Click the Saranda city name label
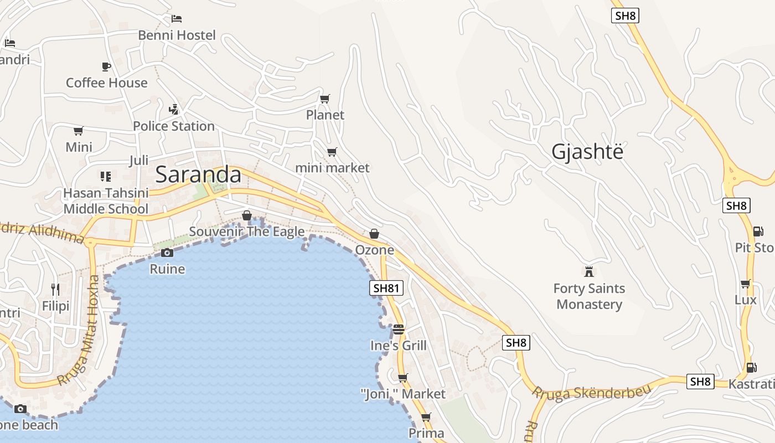(x=198, y=174)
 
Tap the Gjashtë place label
(x=587, y=151)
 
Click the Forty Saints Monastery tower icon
(x=589, y=271)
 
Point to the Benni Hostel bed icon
(x=177, y=19)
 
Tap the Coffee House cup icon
(x=106, y=66)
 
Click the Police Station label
(x=174, y=126)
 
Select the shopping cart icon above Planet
(x=325, y=99)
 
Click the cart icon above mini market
(x=332, y=152)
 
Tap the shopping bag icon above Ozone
(x=374, y=234)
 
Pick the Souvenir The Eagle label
(x=247, y=231)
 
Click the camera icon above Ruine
(x=167, y=253)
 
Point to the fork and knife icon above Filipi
(x=55, y=289)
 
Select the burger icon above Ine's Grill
(x=398, y=329)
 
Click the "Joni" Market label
(x=402, y=394)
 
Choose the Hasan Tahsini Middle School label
(x=106, y=201)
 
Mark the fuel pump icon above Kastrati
(x=751, y=367)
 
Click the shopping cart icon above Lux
(x=745, y=284)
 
